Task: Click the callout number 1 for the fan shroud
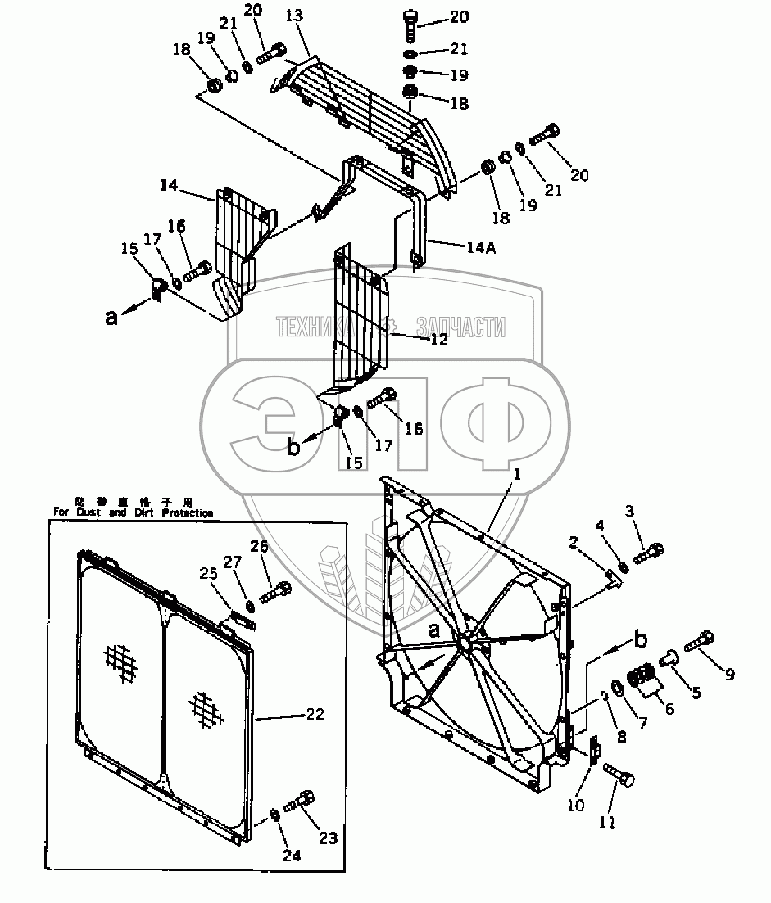tap(517, 474)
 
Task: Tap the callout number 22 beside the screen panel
tap(315, 714)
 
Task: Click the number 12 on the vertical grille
tap(439, 340)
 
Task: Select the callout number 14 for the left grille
tap(169, 186)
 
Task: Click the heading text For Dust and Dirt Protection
tap(134, 512)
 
